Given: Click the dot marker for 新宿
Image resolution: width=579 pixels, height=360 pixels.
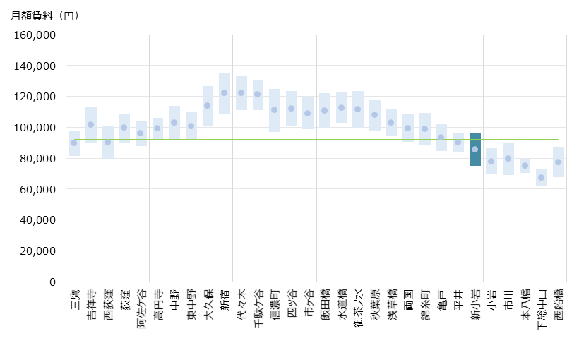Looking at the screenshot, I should [x=224, y=92].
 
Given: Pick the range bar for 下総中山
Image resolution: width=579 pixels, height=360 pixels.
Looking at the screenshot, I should [x=542, y=177].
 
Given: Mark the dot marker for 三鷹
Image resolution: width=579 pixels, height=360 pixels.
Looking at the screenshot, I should [x=74, y=143].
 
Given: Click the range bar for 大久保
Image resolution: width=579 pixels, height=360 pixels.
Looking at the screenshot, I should [x=208, y=106].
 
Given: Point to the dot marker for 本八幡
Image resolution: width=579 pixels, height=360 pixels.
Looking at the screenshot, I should [x=525, y=165].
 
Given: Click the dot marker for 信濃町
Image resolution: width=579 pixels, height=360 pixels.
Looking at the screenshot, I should [x=275, y=109].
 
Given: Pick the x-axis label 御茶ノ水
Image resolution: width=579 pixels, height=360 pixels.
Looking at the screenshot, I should [x=358, y=306].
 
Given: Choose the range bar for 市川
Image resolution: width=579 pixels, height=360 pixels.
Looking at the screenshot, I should [x=508, y=159].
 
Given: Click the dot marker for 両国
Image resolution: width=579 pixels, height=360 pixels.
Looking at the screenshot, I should [x=408, y=128].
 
